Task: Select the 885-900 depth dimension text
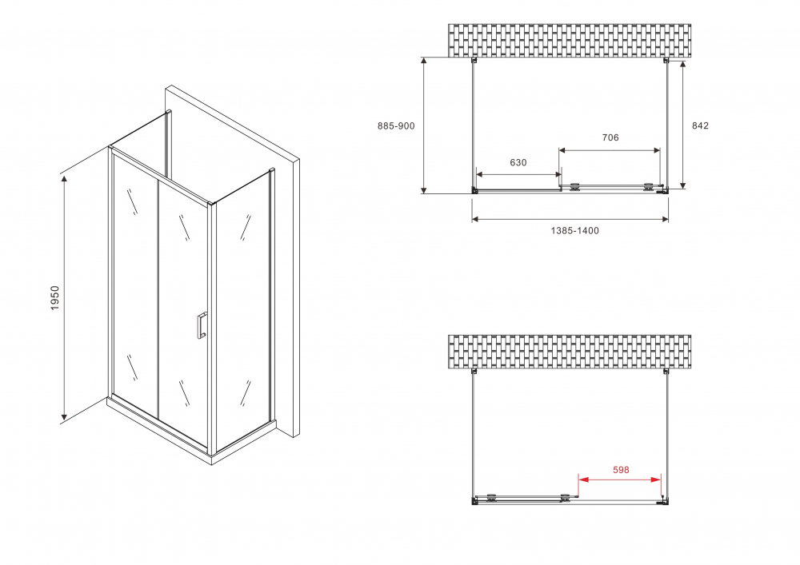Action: [396, 125]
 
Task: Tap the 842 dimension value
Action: [700, 125]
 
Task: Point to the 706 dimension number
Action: [610, 137]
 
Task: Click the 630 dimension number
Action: [518, 162]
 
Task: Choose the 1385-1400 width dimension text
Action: [574, 231]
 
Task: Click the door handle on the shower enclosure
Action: [201, 325]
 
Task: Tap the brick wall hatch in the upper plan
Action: [570, 40]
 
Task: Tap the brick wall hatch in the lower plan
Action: [570, 351]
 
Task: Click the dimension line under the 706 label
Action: [610, 149]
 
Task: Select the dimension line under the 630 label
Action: [518, 174]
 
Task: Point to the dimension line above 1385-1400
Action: [570, 220]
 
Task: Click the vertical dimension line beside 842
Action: [683, 125]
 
